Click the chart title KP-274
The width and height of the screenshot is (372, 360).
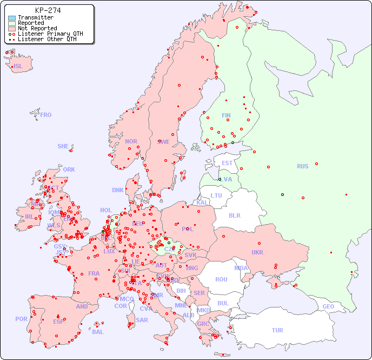pos(48,10)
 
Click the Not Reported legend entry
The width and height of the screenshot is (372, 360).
pos(37,29)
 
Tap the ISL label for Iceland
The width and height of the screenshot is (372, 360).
pos(18,67)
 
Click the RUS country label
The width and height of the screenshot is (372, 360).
pos(302,166)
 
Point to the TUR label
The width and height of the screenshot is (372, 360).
pos(277,330)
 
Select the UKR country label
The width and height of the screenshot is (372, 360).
pos(257,252)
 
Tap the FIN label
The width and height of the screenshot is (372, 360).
pos(226,115)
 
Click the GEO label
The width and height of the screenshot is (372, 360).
pos(328,306)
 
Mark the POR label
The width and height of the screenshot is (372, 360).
pos(21,319)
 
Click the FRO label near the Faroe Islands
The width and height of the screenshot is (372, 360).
pos(46,115)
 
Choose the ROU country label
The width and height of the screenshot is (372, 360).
pos(221,279)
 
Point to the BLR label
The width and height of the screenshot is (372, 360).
pos(234,215)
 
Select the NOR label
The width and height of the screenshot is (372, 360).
pos(131,141)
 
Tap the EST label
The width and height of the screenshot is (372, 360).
pos(227,163)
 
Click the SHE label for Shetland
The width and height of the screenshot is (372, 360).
pos(63,146)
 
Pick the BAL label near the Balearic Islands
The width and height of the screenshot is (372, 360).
pos(98,332)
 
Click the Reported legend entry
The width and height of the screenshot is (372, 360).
pos(31,23)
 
